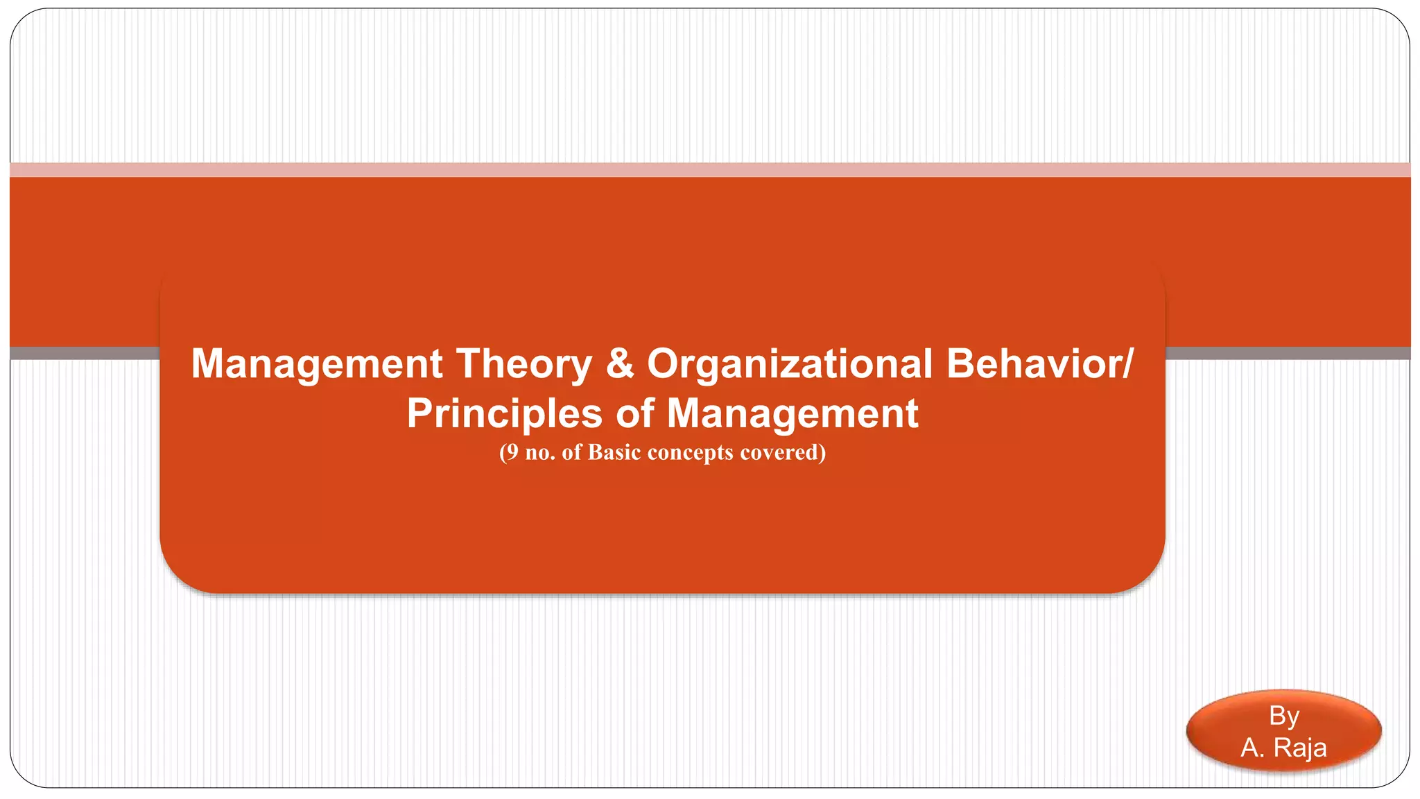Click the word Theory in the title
point(523,363)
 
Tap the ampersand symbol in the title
point(619,363)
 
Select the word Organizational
point(790,363)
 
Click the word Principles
point(504,414)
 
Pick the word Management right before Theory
point(317,363)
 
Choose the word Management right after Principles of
point(793,414)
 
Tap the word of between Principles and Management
point(634,414)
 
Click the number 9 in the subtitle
point(511,452)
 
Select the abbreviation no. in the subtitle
point(540,453)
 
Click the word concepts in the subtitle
point(690,453)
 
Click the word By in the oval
point(1283,716)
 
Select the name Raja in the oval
point(1300,748)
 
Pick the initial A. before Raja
point(1252,748)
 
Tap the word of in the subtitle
point(571,452)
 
